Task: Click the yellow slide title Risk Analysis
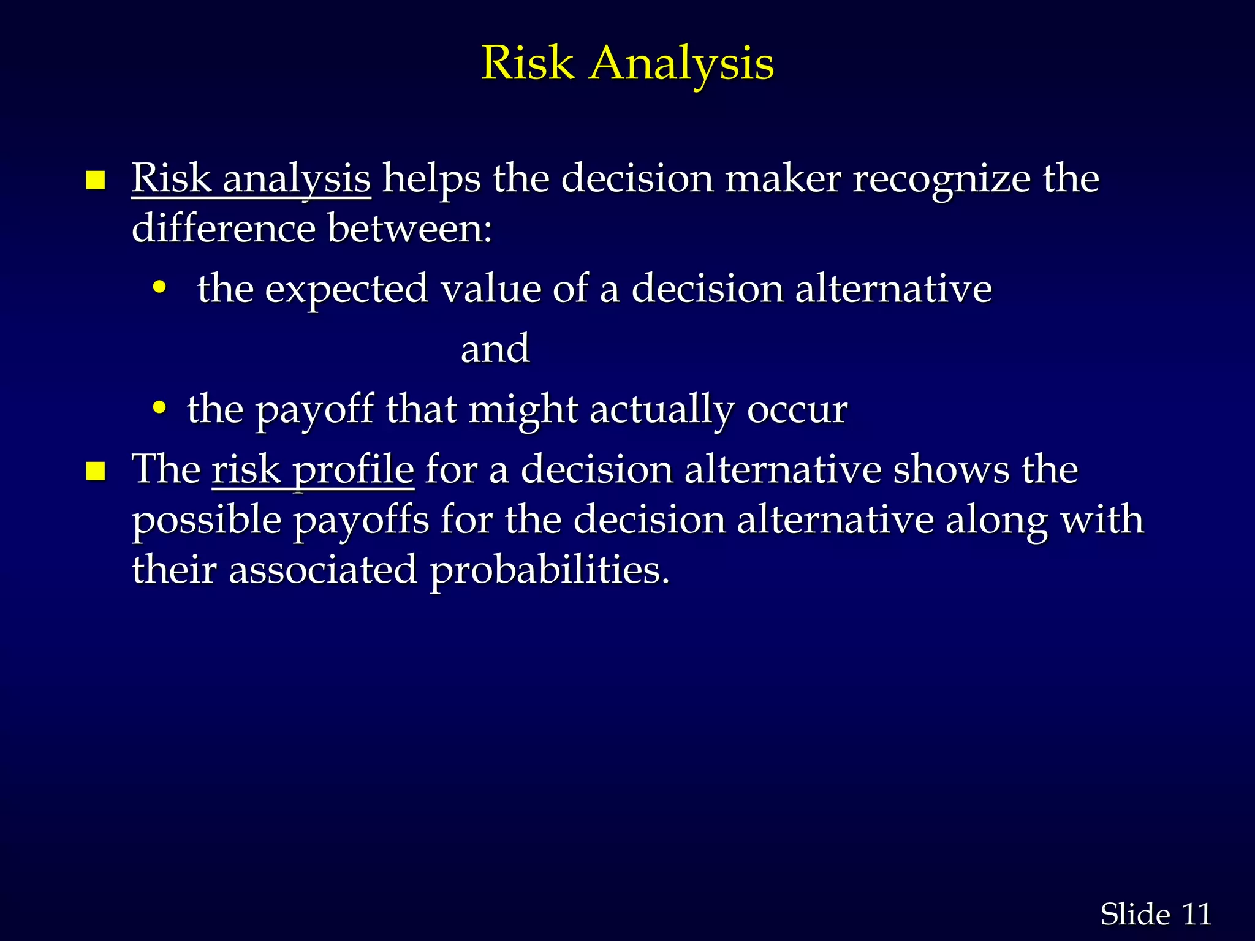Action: [627, 63]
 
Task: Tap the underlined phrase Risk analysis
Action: [251, 179]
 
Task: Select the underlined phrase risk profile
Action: [313, 470]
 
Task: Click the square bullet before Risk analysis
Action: [96, 181]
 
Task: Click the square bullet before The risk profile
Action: [96, 472]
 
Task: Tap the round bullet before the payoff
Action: [159, 407]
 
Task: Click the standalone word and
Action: [495, 349]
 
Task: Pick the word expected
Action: [346, 289]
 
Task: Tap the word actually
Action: [662, 410]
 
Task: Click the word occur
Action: [797, 410]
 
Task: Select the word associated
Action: [323, 570]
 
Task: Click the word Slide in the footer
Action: [1135, 915]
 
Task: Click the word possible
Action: [207, 521]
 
